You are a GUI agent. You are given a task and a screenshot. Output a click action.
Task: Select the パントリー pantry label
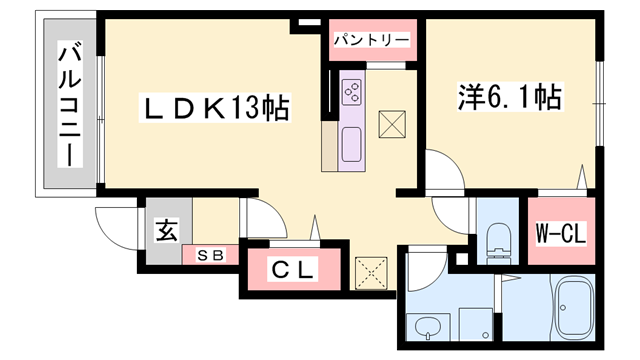coord(371,40)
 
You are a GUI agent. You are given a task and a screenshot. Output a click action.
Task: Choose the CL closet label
coord(294,269)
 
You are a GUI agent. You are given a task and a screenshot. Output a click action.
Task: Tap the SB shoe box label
coord(210,254)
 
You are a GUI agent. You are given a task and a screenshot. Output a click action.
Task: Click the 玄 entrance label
coord(164,232)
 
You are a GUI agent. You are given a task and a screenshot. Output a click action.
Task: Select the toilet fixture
coord(496,240)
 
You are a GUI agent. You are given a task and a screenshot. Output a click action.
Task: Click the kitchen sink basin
coord(353,145)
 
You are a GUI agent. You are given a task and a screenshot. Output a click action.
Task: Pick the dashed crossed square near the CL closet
coord(370,271)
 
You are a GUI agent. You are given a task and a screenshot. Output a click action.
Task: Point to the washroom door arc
coord(425,262)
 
